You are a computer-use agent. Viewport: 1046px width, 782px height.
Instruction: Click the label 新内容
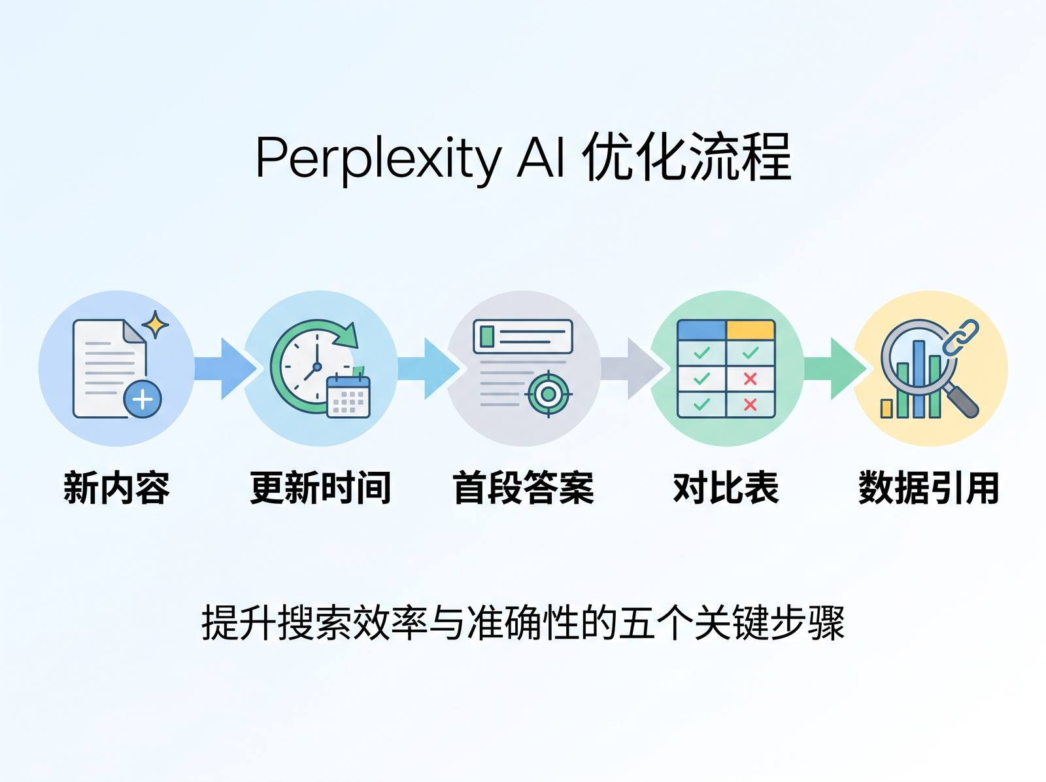pyautogui.click(x=117, y=488)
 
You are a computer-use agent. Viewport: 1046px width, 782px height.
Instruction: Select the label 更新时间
pyautogui.click(x=320, y=488)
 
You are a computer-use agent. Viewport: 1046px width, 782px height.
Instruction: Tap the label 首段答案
pyautogui.click(x=523, y=488)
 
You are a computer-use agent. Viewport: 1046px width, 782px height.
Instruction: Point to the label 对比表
pyautogui.click(x=726, y=488)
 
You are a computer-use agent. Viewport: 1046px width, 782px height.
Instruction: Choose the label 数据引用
pyautogui.click(x=929, y=488)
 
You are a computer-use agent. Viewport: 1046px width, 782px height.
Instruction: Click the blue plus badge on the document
pyautogui.click(x=143, y=399)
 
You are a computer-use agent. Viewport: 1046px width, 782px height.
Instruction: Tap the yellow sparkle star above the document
pyautogui.click(x=156, y=324)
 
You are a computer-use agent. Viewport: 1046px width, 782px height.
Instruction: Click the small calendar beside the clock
pyautogui.click(x=348, y=397)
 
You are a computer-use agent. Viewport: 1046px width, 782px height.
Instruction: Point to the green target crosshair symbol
pyautogui.click(x=548, y=395)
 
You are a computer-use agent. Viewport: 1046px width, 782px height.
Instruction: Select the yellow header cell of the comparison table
pyautogui.click(x=751, y=330)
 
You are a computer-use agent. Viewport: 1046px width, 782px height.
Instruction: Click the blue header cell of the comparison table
pyautogui.click(x=702, y=330)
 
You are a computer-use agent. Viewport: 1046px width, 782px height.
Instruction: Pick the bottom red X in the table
pyautogui.click(x=750, y=405)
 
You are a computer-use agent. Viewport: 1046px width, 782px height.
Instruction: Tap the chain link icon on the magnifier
pyautogui.click(x=961, y=337)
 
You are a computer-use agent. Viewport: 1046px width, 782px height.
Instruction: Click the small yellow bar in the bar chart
pyautogui.click(x=886, y=408)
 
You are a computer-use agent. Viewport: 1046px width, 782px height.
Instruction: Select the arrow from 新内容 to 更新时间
pyautogui.click(x=225, y=368)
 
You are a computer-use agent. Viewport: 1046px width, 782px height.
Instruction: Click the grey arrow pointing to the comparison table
pyautogui.click(x=632, y=368)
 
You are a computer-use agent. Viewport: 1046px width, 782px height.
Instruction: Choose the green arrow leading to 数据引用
pyautogui.click(x=835, y=368)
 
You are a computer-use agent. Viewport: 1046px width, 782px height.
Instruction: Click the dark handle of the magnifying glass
pyautogui.click(x=962, y=401)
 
